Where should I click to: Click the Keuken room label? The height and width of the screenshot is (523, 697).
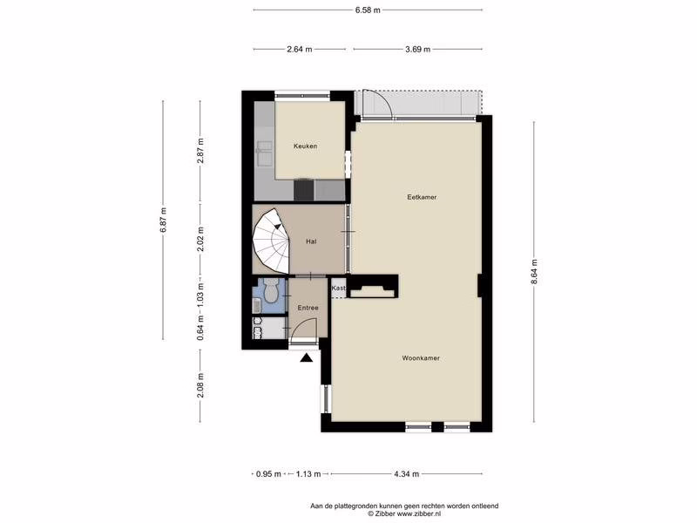(x=306, y=146)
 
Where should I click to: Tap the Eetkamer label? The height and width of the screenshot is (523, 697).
(x=422, y=197)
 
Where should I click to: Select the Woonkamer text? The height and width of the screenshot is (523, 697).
(x=421, y=358)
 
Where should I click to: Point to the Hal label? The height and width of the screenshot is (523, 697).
(x=311, y=241)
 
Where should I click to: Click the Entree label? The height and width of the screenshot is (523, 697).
(x=308, y=308)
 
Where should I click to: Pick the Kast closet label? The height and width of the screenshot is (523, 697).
(x=339, y=289)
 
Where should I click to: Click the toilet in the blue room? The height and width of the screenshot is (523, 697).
(x=270, y=292)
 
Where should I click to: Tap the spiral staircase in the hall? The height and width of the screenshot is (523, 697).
(x=271, y=241)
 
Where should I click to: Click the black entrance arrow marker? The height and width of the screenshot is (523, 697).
(x=307, y=357)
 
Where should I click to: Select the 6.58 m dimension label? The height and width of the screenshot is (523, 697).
(x=368, y=10)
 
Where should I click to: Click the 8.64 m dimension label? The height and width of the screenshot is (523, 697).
(x=534, y=271)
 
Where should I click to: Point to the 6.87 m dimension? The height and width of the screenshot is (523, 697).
(x=163, y=220)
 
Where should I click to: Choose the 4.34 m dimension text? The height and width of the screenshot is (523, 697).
(x=406, y=474)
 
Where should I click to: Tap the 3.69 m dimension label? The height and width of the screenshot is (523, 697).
(x=418, y=50)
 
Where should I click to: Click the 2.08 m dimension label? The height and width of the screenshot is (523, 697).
(x=200, y=384)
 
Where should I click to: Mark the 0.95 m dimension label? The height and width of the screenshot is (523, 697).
(x=268, y=474)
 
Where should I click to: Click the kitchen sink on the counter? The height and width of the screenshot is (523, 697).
(x=264, y=146)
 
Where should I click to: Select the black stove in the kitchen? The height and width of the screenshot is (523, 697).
(x=304, y=189)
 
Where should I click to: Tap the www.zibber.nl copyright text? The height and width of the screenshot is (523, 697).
(x=404, y=513)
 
